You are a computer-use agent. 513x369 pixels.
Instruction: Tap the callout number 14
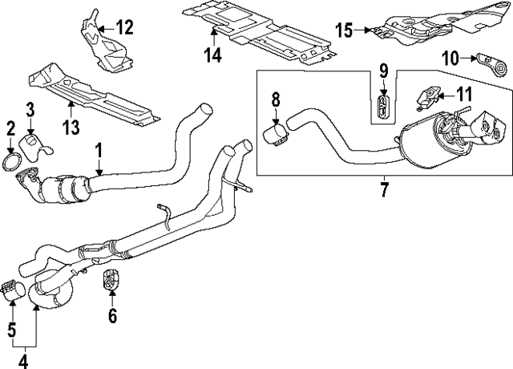coord(213,55)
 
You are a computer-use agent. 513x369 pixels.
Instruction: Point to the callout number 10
coord(449,57)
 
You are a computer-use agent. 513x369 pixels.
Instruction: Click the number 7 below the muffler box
coord(382,190)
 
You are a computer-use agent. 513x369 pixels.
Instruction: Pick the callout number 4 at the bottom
coord(22,360)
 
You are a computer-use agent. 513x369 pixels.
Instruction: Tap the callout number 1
coord(99,149)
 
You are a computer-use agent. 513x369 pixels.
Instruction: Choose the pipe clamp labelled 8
coord(276,132)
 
